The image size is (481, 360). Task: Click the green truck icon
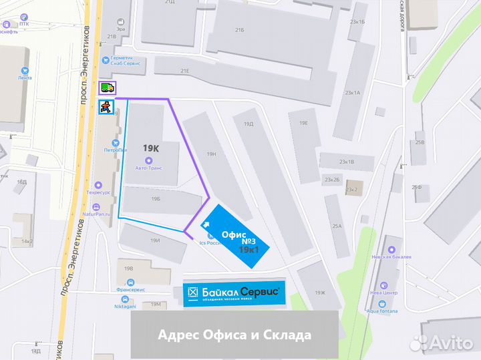click(107, 87)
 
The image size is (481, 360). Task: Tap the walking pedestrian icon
click(105, 107)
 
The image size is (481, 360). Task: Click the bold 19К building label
click(150, 147)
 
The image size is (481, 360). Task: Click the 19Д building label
click(249, 124)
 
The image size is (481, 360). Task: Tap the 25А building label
click(337, 226)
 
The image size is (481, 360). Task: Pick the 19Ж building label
click(319, 293)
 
